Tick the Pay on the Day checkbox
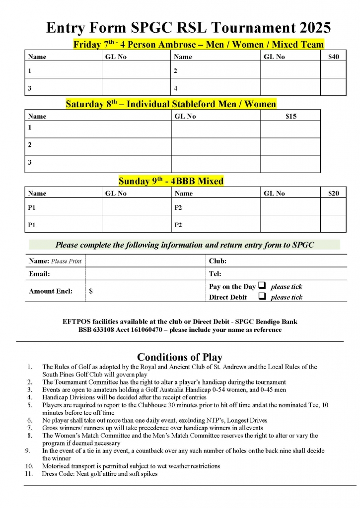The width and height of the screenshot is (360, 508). tap(262, 286)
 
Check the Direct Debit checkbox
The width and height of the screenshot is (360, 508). tap(262, 297)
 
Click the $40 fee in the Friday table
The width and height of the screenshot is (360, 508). tap(334, 57)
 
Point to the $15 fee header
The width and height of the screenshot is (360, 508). tap(290, 116)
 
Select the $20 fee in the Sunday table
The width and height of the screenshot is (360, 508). tap(334, 193)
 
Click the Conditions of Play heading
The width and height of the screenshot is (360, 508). tap(180, 357)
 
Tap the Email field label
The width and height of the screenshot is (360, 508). tap(39, 273)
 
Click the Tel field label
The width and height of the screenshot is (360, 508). tap(215, 273)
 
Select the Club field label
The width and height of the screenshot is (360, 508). tap(217, 260)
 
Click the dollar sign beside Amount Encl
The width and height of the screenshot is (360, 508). tap(91, 291)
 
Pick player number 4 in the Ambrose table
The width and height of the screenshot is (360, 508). tap(176, 88)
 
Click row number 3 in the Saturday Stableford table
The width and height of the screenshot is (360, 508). tap(30, 162)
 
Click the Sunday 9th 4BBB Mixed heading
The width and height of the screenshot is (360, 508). tap(171, 181)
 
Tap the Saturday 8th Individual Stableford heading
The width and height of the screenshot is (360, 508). tap(171, 104)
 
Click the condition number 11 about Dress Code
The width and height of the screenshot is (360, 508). tap(29, 474)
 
